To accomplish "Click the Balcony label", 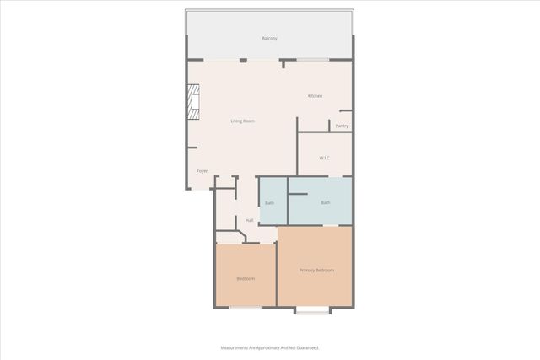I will click(269, 39).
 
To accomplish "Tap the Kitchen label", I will click(315, 96).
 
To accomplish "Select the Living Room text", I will click(243, 121).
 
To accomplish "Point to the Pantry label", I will click(342, 126).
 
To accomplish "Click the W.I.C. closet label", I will click(325, 158).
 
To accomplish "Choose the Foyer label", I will click(202, 171).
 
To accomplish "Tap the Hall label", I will click(250, 220).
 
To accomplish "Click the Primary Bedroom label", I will click(316, 270).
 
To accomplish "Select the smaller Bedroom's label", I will click(246, 278).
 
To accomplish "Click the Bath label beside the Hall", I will click(269, 203).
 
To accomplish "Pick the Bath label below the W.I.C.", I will click(325, 202).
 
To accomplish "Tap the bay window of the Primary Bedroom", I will click(312, 311).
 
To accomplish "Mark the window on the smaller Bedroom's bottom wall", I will click(246, 308).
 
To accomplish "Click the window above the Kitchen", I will click(312, 60).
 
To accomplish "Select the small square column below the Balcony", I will click(243, 61).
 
